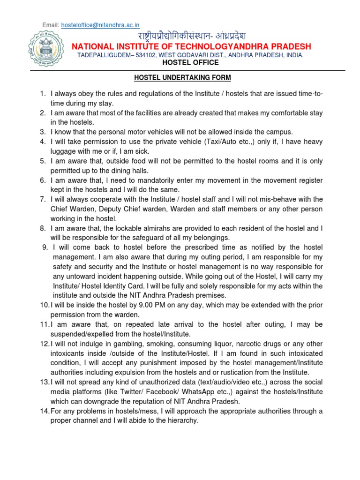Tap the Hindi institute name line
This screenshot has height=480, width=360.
191,37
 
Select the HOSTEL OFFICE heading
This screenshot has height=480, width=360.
190,62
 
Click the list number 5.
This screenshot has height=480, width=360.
42,161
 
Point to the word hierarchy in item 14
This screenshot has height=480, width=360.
181,420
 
